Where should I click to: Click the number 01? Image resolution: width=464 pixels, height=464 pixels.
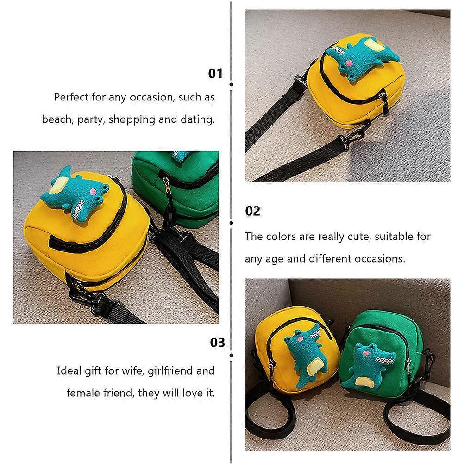[215, 73]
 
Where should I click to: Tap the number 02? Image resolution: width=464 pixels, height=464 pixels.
[252, 211]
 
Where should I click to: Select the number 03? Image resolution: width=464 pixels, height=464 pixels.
[217, 342]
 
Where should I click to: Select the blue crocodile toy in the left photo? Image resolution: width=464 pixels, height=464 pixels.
[76, 192]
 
